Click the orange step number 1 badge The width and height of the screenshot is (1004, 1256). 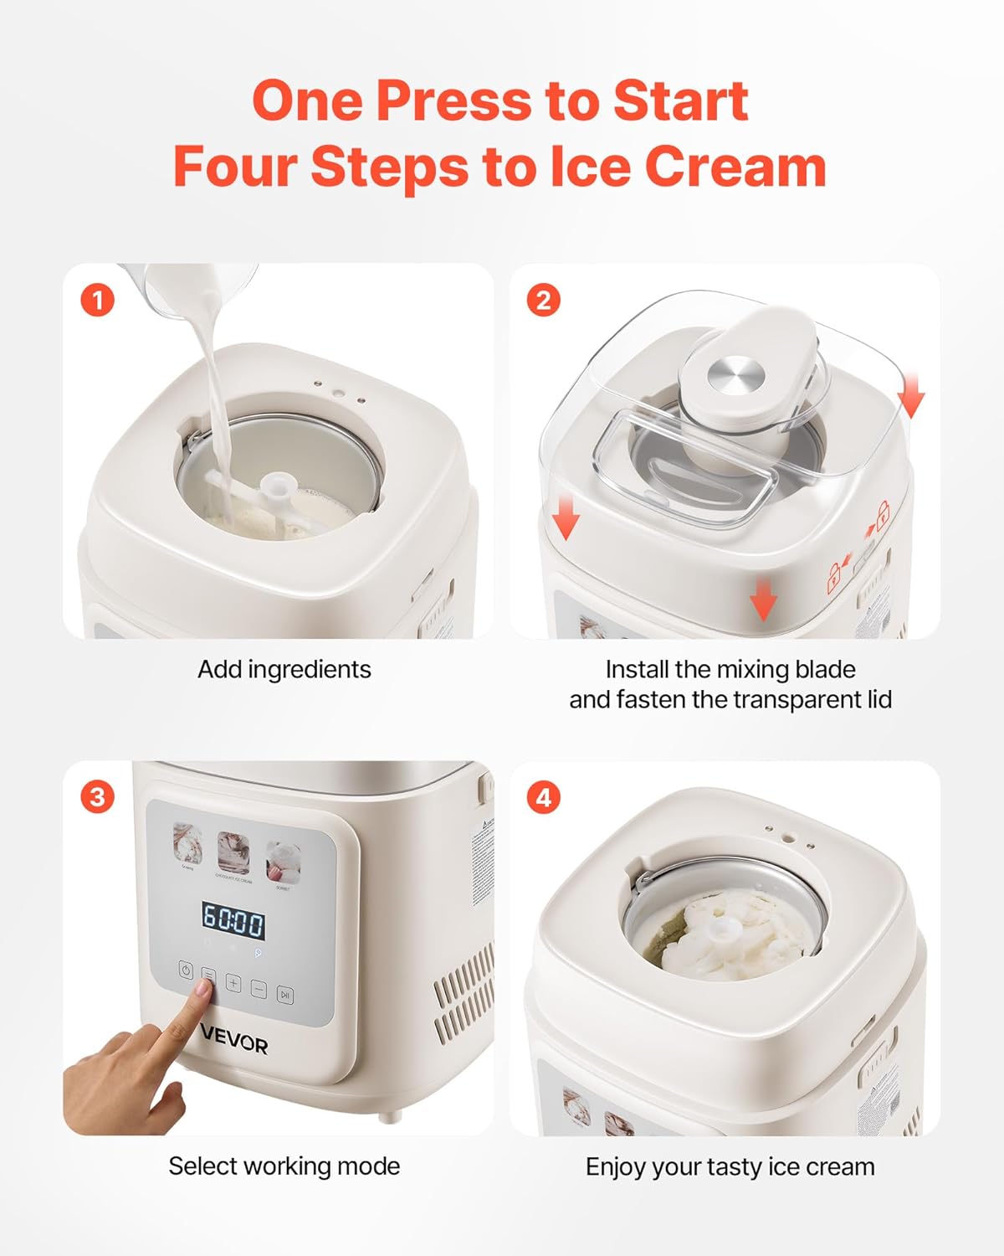pyautogui.click(x=98, y=300)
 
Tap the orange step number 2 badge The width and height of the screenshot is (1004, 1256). pyautogui.click(x=544, y=300)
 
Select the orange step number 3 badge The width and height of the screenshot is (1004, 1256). pyautogui.click(x=98, y=796)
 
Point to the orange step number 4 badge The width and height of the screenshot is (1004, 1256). pyautogui.click(x=544, y=796)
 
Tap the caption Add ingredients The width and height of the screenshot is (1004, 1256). pyautogui.click(x=284, y=670)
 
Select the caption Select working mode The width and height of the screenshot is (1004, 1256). pyautogui.click(x=284, y=1166)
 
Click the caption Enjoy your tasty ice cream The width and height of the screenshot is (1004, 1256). pyautogui.click(x=730, y=1166)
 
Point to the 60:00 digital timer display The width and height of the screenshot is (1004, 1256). pyautogui.click(x=233, y=924)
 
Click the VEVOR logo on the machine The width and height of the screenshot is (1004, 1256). pyautogui.click(x=234, y=1044)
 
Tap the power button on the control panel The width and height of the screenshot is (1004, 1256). pyautogui.click(x=186, y=971)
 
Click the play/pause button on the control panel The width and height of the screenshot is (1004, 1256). pyautogui.click(x=285, y=995)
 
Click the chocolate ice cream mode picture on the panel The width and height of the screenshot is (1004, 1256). pyautogui.click(x=233, y=852)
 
